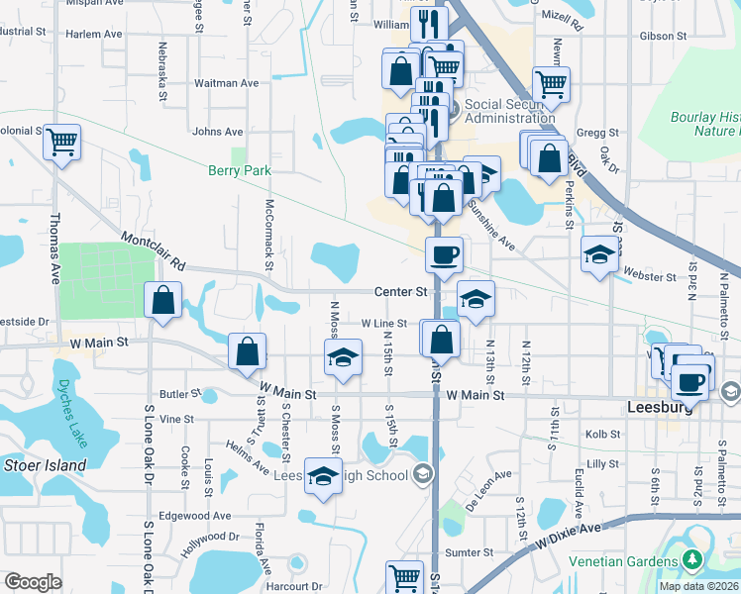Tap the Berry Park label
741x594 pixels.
click(x=239, y=170)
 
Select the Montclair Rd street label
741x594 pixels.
click(x=154, y=251)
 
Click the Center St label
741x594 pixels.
click(x=400, y=292)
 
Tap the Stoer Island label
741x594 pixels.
click(x=45, y=464)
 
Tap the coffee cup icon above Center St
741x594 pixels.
click(x=444, y=253)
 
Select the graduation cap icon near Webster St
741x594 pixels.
click(x=598, y=253)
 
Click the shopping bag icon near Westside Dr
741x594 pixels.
click(x=162, y=299)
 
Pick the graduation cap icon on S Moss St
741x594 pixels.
click(x=343, y=355)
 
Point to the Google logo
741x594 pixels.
click(x=33, y=582)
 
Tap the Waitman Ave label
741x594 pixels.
click(x=226, y=83)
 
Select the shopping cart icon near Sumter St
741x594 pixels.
click(x=403, y=576)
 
